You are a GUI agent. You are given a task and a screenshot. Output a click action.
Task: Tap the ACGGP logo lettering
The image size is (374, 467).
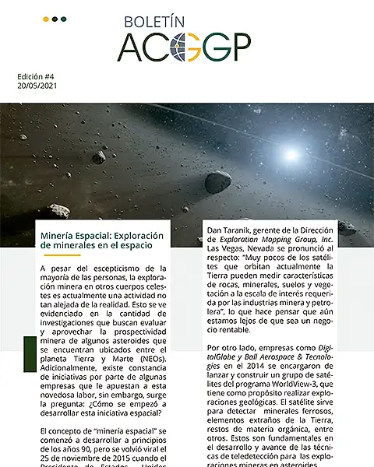pyautogui.click(x=184, y=48)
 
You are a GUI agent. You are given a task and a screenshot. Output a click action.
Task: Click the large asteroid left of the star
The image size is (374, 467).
pyautogui.click(x=218, y=182)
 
